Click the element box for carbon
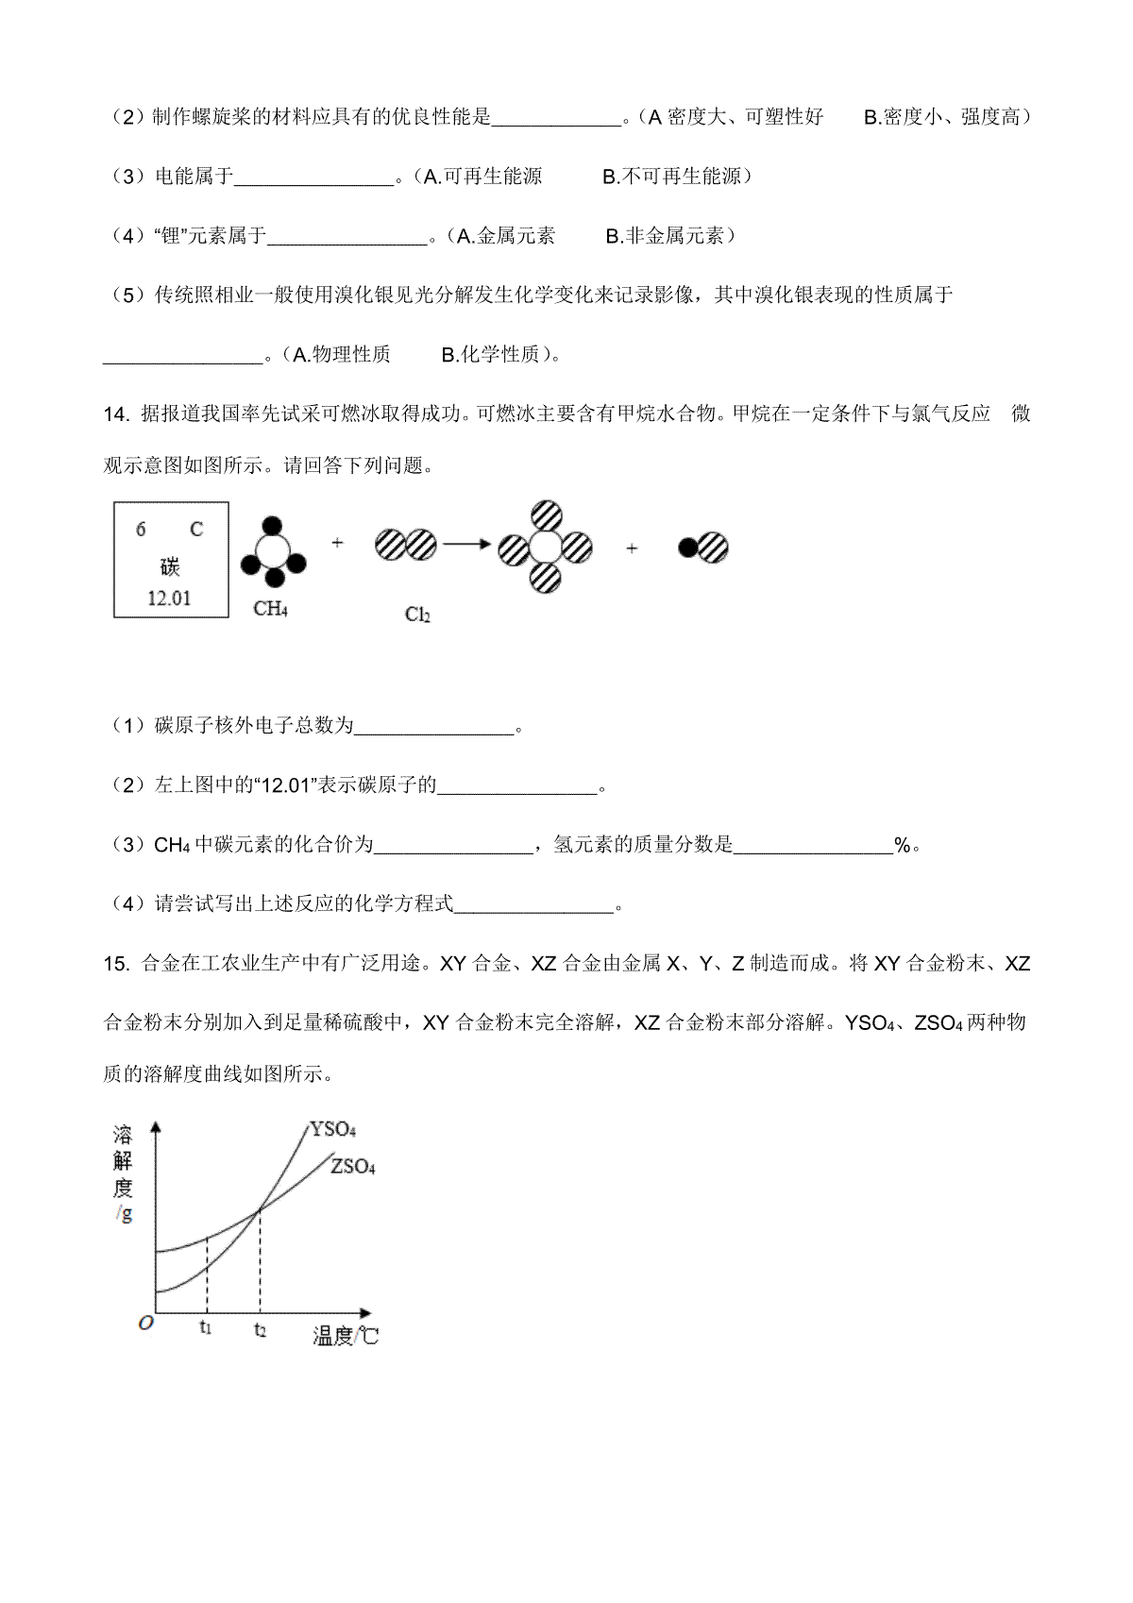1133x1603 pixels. coord(171,560)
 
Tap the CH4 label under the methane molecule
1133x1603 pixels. coord(270,608)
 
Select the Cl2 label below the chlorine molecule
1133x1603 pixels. coord(417,615)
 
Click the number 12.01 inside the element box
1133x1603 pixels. coord(170,598)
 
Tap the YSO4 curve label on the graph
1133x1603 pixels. coord(332,1129)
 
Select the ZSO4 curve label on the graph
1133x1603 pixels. coord(353,1166)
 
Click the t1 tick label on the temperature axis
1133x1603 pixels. coord(206,1327)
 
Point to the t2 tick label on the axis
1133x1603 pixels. coord(260,1329)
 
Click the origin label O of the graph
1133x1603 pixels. coord(145,1324)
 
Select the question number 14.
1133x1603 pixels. coord(115,413)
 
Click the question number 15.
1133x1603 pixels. coord(115,964)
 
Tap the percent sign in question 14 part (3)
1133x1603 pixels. coord(903,846)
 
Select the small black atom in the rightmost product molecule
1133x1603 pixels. coord(688,548)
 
